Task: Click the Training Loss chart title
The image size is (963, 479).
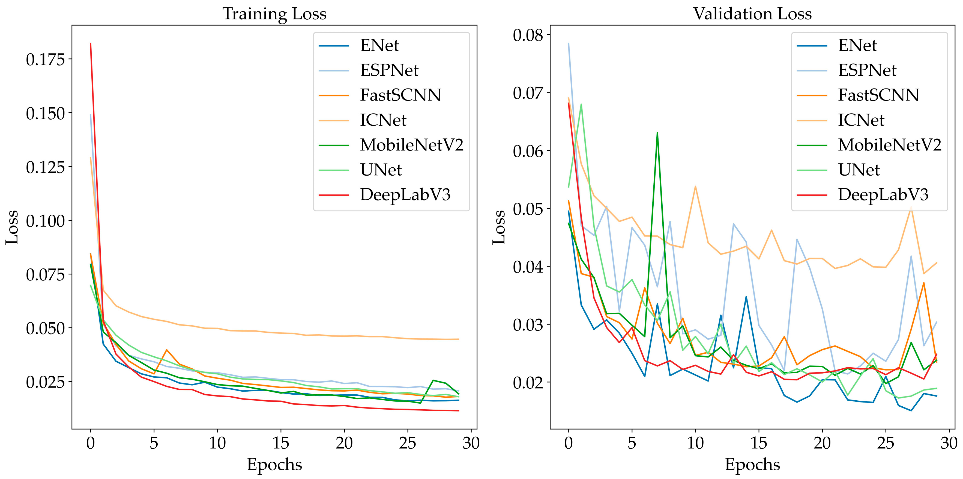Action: pos(274,14)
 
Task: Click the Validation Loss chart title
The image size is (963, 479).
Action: pos(752,14)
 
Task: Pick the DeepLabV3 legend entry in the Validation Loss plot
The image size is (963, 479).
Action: pos(883,195)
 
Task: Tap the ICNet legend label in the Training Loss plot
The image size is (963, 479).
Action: pos(383,120)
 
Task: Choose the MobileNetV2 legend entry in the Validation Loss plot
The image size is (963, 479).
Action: pos(889,145)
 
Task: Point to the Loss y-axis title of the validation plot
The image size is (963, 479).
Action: pos(499,227)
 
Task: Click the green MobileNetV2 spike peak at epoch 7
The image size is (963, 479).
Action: pos(657,133)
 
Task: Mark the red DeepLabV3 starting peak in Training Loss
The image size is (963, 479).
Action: pos(91,43)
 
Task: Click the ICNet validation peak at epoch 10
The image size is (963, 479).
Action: pos(695,186)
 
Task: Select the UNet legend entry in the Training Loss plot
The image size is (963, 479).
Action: pos(381,170)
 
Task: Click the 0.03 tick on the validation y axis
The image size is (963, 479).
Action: pos(528,325)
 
